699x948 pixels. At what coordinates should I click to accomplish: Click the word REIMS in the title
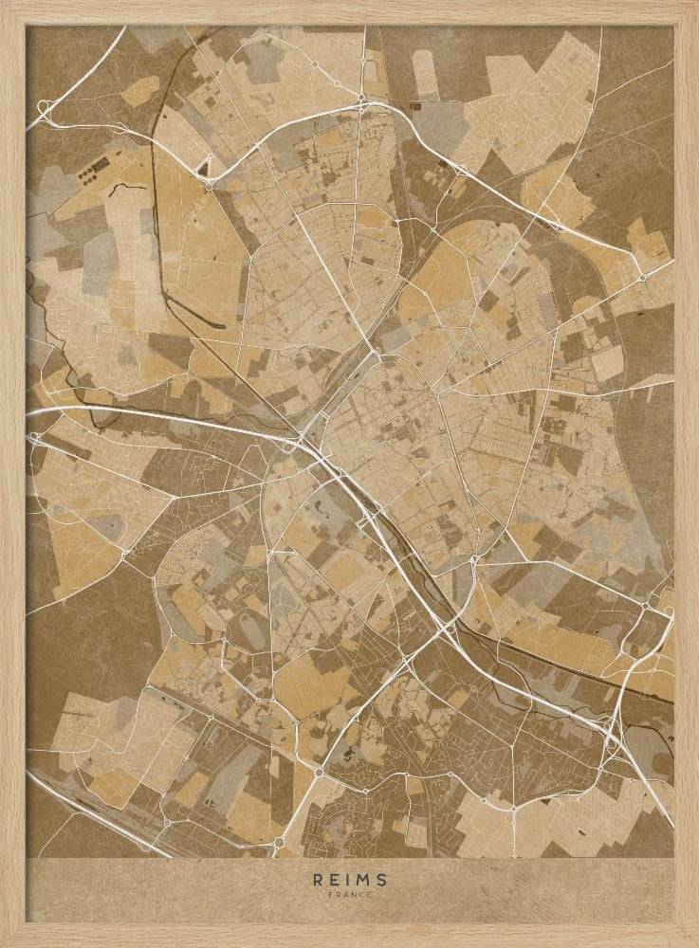click(x=350, y=879)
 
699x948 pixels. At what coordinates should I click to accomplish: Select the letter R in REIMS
click(x=318, y=879)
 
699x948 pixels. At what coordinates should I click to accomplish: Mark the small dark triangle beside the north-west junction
click(x=202, y=170)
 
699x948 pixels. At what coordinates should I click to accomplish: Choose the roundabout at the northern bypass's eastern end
click(x=642, y=277)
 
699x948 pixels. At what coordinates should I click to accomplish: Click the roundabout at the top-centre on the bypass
click(x=362, y=99)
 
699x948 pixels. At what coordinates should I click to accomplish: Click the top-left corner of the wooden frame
click(x=3, y=3)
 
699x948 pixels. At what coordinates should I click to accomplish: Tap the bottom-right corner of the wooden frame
click(x=695, y=944)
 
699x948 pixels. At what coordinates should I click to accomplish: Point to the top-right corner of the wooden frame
click(x=695, y=3)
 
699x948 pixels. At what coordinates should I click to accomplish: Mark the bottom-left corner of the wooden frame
click(x=3, y=944)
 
